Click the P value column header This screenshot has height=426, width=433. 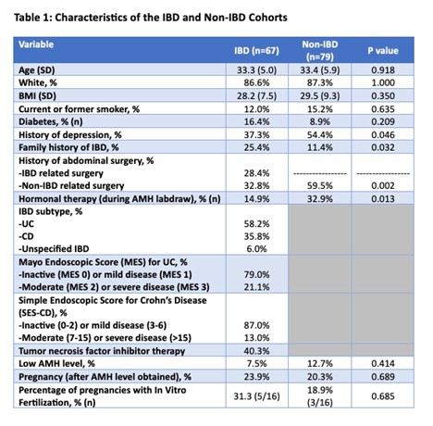click(x=382, y=51)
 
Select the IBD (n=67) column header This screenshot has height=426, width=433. click(x=256, y=51)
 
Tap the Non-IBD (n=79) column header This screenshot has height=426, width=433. click(x=320, y=51)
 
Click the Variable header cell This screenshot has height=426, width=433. click(x=36, y=44)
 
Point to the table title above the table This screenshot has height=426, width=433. click(x=151, y=18)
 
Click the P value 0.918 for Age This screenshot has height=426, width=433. click(x=383, y=70)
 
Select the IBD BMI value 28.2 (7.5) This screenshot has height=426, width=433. click(x=256, y=96)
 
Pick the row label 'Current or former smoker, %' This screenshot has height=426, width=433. click(x=79, y=109)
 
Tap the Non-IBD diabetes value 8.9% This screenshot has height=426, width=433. click(x=320, y=121)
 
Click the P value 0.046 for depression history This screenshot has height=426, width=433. click(x=383, y=134)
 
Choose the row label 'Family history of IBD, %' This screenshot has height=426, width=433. click(x=68, y=147)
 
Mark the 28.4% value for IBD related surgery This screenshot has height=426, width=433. click(x=256, y=173)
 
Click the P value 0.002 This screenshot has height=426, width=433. click(x=383, y=185)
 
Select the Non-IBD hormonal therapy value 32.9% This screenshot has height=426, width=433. click(x=320, y=199)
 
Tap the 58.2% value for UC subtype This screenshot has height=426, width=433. click(x=256, y=224)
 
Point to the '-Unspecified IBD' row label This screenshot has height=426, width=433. click(x=54, y=249)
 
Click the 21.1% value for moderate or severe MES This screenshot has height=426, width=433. click(x=256, y=287)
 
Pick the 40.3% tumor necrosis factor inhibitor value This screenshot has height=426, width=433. click(x=256, y=351)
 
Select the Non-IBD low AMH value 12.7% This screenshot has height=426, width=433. click(x=320, y=364)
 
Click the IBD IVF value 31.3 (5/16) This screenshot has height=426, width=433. click(x=256, y=396)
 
